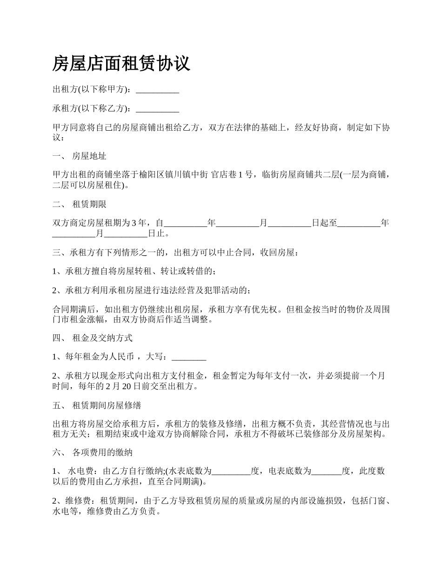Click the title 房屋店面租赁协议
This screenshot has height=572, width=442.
(x=121, y=63)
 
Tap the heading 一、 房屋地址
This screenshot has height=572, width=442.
(x=80, y=156)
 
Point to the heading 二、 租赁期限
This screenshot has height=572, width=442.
(x=80, y=204)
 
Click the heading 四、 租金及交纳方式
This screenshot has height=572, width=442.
(x=93, y=338)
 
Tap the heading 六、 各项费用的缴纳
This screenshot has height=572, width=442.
(x=93, y=452)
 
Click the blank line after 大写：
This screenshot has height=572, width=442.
(x=189, y=357)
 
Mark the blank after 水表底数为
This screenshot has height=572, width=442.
(x=231, y=472)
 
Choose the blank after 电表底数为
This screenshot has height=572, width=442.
(x=326, y=472)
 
